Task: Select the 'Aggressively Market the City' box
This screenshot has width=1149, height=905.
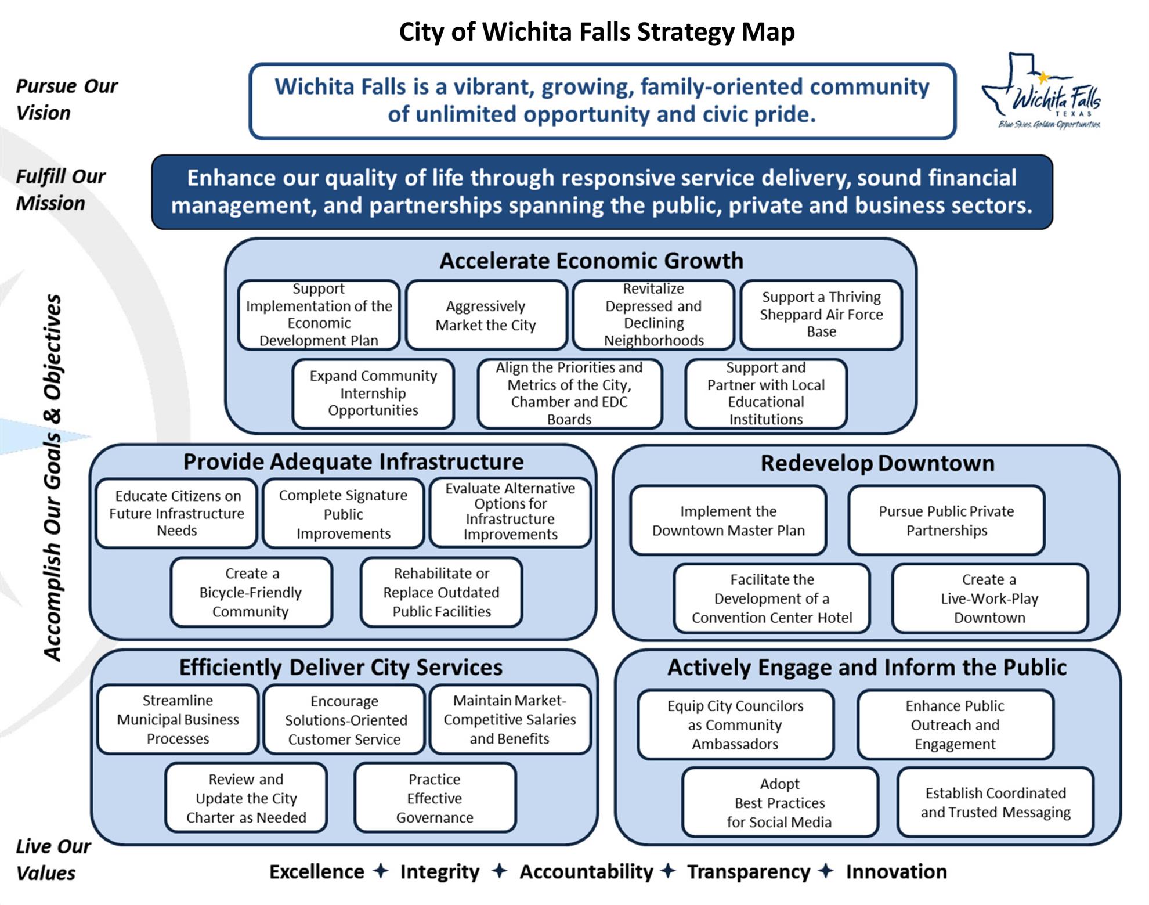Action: [486, 315]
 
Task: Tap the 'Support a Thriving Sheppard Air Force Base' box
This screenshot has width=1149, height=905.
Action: [821, 315]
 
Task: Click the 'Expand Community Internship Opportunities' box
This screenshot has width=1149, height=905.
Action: [373, 394]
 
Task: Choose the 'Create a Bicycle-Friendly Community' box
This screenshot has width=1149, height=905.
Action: [251, 593]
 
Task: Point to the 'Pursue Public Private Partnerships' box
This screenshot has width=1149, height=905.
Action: [946, 521]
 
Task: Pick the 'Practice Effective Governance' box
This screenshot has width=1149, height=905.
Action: [435, 798]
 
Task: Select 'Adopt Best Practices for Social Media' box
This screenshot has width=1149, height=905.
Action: [779, 803]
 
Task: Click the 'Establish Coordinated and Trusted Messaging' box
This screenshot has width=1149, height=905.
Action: [995, 803]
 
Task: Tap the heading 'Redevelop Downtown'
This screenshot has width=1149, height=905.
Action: [877, 463]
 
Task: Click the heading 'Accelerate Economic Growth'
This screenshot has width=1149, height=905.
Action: [591, 261]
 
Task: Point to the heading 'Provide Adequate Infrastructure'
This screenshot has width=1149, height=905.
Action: [353, 461]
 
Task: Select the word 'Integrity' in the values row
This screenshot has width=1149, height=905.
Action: [440, 872]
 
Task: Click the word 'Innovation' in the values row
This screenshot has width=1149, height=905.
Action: [896, 872]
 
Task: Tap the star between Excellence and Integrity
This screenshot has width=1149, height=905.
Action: [381, 871]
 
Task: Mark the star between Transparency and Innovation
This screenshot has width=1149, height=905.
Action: [826, 871]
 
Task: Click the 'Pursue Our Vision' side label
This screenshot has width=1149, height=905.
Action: [66, 99]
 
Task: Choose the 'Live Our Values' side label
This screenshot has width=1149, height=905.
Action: [53, 860]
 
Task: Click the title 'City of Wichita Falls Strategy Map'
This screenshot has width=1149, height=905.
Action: [597, 32]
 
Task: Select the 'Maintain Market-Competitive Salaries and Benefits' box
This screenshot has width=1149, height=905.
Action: [510, 720]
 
